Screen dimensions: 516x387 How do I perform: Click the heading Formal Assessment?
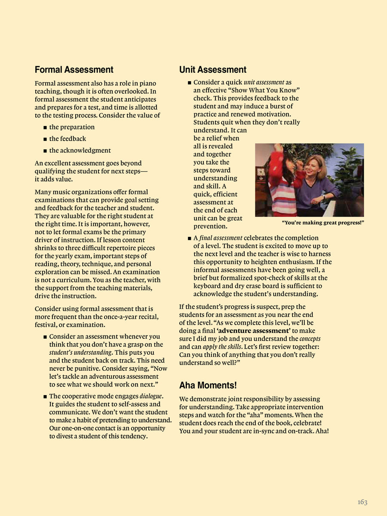coord(74,70)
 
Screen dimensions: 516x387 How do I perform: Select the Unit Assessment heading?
coord(213,70)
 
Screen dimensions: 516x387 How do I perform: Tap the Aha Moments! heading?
coord(208,385)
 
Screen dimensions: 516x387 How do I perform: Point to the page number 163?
coord(362,502)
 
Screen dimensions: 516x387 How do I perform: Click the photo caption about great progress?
coord(322,222)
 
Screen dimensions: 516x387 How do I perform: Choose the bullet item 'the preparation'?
coord(72,127)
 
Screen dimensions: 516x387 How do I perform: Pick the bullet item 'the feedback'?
coord(68,139)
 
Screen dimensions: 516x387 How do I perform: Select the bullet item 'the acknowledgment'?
coord(80,150)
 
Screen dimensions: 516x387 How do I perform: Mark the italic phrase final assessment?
coord(221,238)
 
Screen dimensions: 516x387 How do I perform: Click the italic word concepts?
coord(310,339)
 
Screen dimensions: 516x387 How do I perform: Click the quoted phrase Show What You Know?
coord(272,90)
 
